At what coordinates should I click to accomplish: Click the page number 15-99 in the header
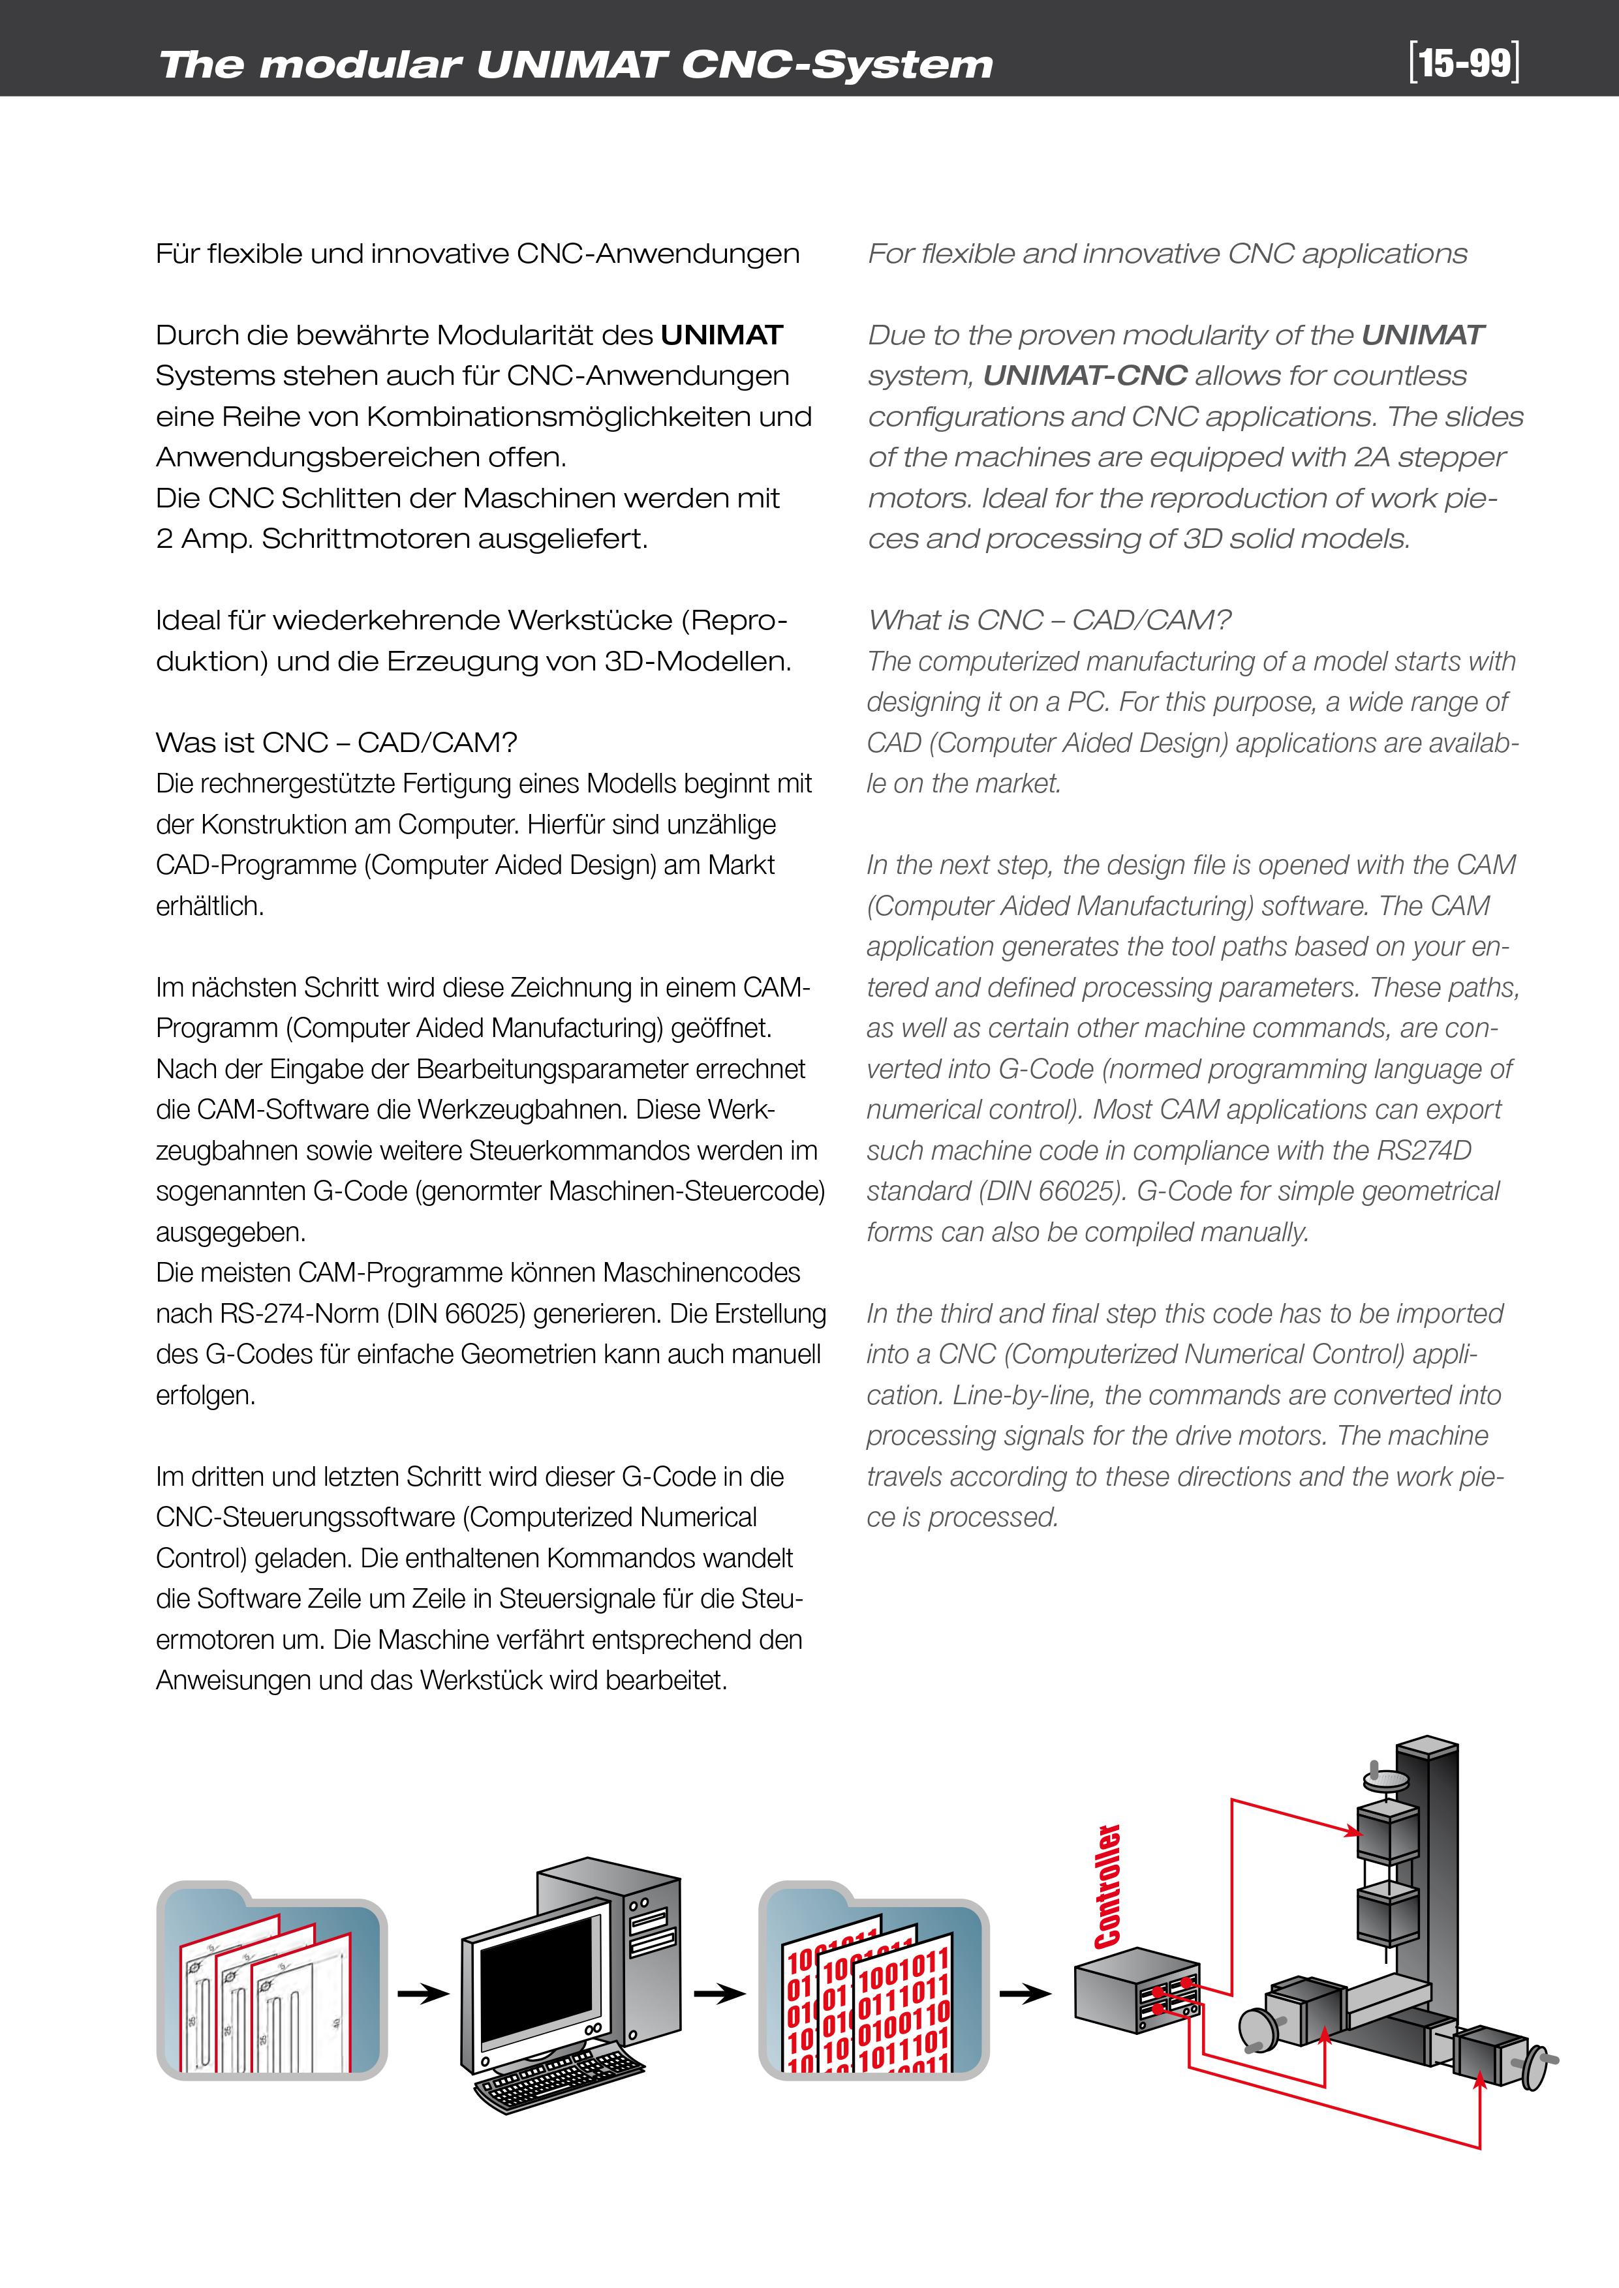1464,63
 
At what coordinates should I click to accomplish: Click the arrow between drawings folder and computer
423,1994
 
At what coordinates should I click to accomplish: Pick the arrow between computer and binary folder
718,1994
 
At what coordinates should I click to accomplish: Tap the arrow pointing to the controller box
1025,1994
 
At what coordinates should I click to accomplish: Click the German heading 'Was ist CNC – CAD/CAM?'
336,742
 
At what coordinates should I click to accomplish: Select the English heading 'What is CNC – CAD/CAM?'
1049,620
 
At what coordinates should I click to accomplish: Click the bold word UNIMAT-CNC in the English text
1085,376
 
